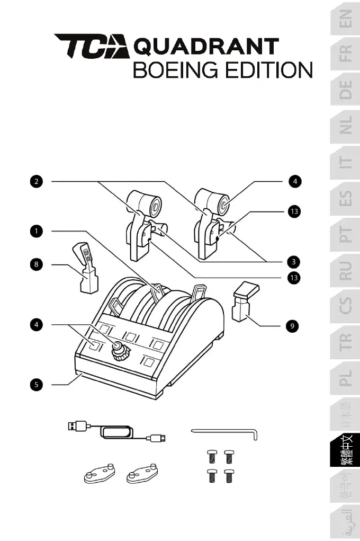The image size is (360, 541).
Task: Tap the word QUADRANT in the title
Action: point(206,47)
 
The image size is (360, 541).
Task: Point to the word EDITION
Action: point(268,70)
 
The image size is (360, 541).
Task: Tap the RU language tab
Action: point(345,270)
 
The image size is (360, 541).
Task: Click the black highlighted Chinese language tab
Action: point(345,450)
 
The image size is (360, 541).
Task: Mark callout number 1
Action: point(36,231)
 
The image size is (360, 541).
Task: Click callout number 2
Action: point(36,182)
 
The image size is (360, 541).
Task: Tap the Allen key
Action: point(225,433)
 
